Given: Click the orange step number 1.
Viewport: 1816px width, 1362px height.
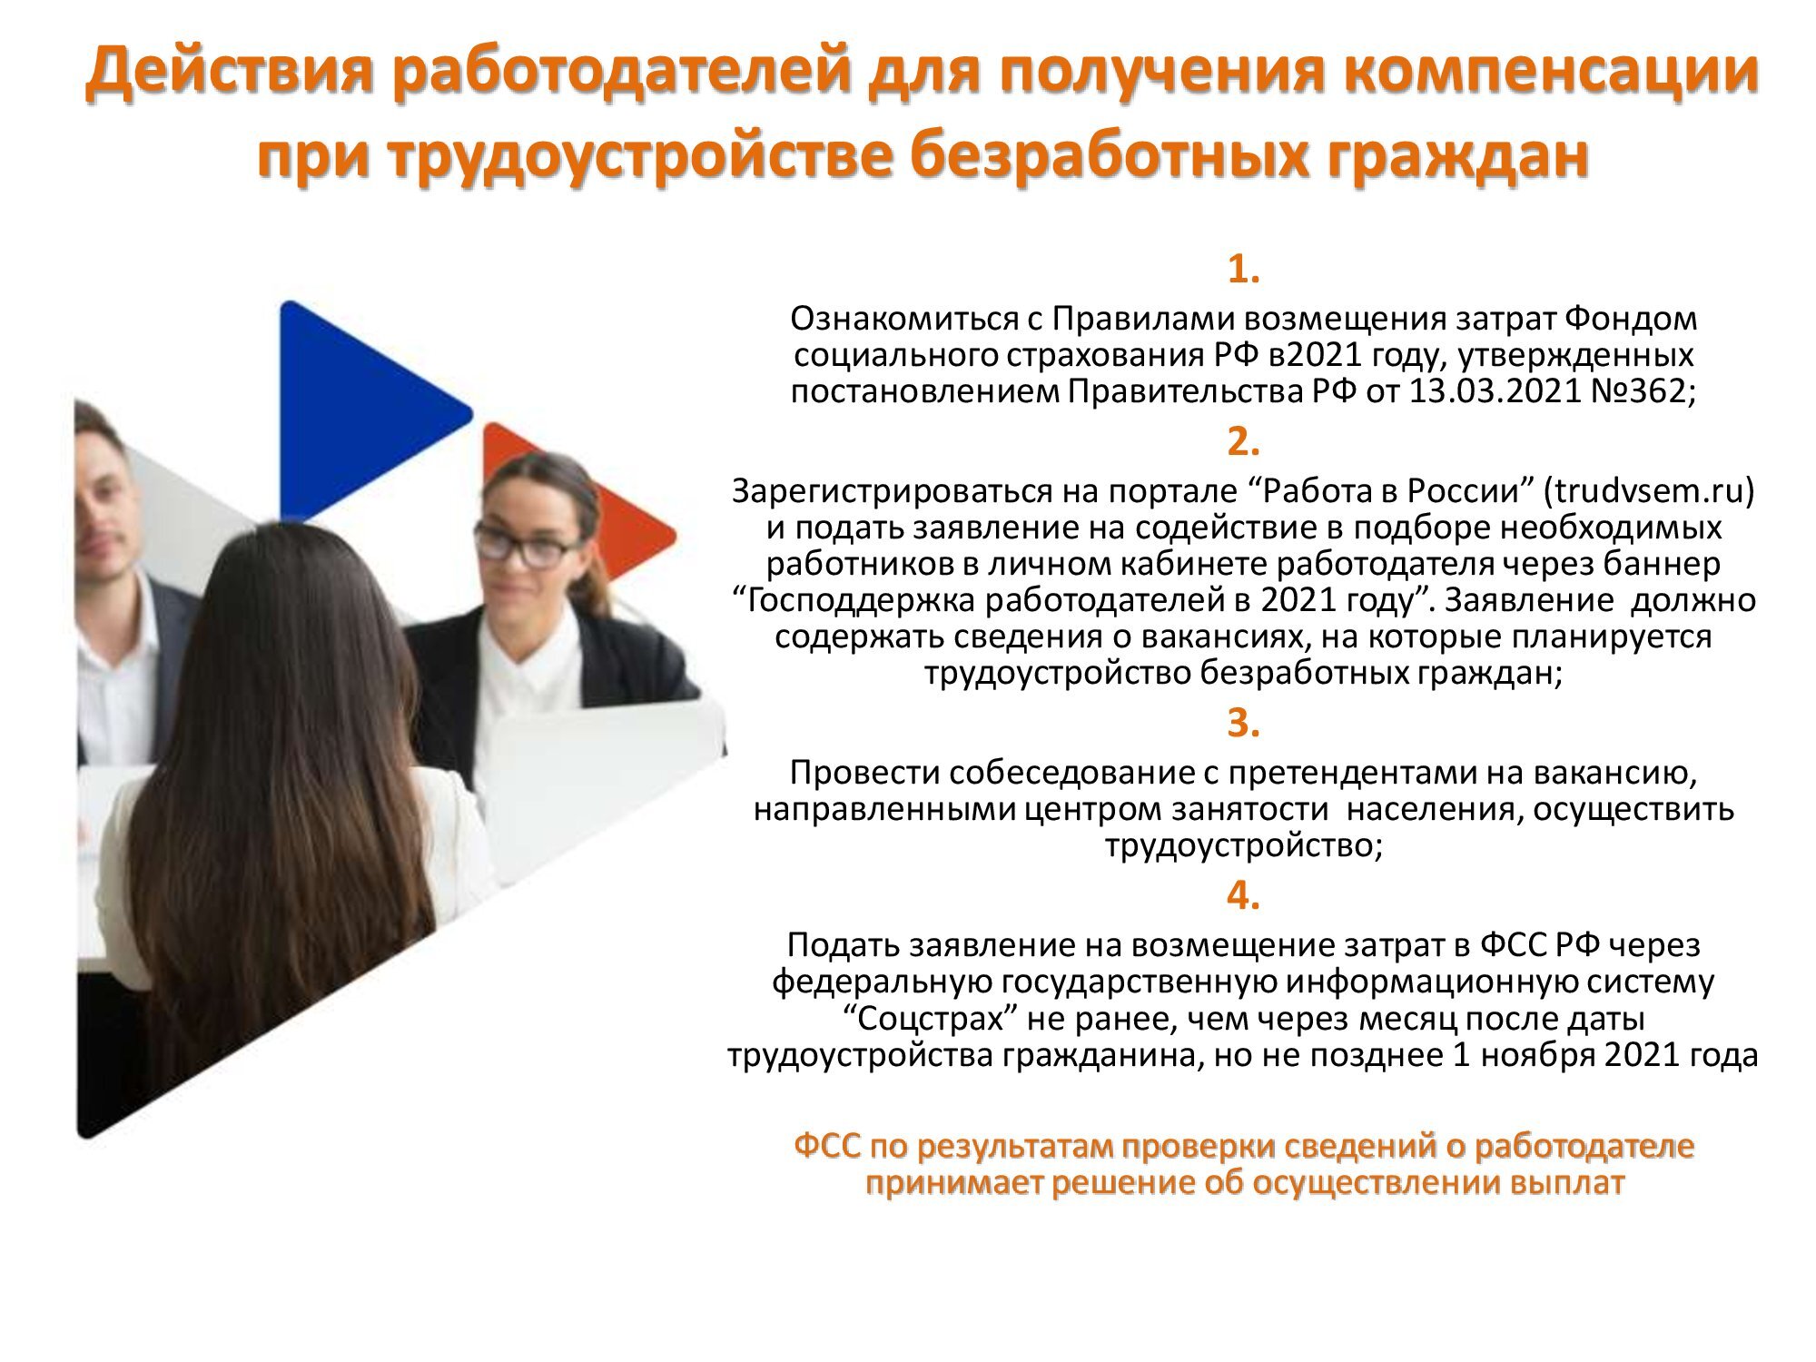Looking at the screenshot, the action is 1243,269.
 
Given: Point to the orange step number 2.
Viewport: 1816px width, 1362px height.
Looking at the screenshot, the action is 1243,441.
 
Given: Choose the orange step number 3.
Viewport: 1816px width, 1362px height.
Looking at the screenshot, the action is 1243,723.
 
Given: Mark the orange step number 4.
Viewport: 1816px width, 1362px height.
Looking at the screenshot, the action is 1243,895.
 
